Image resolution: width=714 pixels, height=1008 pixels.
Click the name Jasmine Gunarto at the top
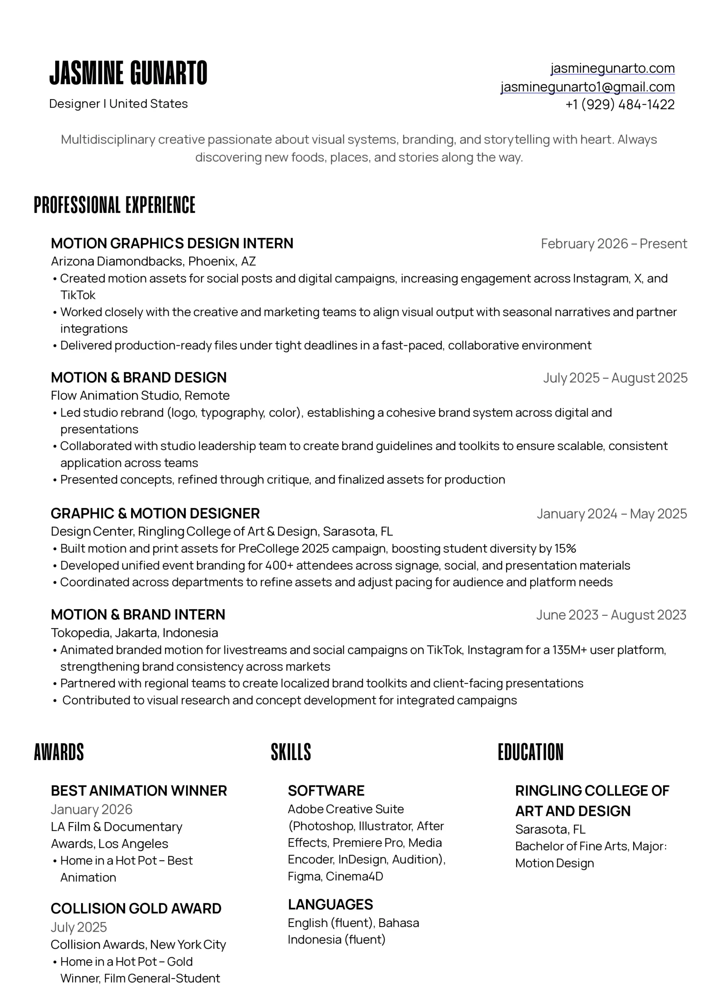[x=128, y=73]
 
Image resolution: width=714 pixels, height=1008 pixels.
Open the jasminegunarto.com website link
[x=612, y=69]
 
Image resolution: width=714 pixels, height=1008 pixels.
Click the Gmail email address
[x=588, y=87]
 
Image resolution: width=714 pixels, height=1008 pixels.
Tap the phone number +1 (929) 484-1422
[x=619, y=104]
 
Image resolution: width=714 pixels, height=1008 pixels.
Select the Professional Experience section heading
[x=114, y=205]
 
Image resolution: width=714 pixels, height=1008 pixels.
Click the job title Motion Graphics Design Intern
[x=172, y=243]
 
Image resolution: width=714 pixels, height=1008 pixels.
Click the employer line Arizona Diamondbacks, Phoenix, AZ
[x=153, y=261]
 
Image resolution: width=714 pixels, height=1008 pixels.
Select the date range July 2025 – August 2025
[x=615, y=378]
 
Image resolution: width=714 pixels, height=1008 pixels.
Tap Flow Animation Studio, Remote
[x=140, y=395]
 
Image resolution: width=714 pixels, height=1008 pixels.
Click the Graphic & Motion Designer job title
[x=155, y=513]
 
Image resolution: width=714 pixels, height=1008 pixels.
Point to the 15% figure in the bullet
[x=565, y=548]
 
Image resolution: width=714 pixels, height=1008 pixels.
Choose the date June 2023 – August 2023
[x=611, y=615]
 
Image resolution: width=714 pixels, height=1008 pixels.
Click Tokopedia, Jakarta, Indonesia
[x=134, y=633]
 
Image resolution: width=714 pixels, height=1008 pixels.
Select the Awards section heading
[x=59, y=752]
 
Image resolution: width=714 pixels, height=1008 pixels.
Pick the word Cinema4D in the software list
[x=354, y=876]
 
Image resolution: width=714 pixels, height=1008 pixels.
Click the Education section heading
[x=530, y=752]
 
